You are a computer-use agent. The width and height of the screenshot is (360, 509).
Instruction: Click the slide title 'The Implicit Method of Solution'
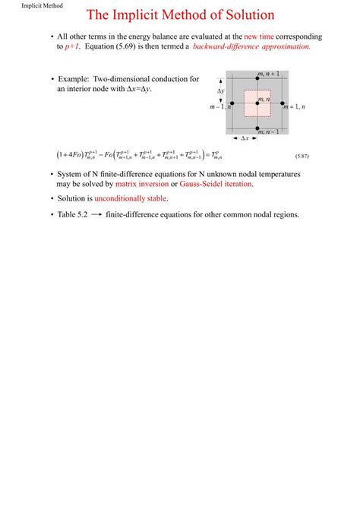pyautogui.click(x=181, y=15)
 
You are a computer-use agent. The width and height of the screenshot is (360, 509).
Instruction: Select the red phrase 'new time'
pyautogui.click(x=259, y=36)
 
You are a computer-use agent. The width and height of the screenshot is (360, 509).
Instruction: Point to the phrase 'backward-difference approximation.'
pyautogui.click(x=241, y=46)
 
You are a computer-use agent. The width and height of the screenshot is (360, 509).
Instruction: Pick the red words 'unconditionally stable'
pyautogui.click(x=131, y=198)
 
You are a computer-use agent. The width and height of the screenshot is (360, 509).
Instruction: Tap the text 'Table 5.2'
pyautogui.click(x=74, y=214)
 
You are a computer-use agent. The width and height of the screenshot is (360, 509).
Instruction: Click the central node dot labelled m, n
pyautogui.click(x=257, y=103)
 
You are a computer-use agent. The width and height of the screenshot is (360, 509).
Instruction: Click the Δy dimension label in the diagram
pyautogui.click(x=220, y=90)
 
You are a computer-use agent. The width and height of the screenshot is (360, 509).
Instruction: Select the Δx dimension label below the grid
pyautogui.click(x=245, y=138)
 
